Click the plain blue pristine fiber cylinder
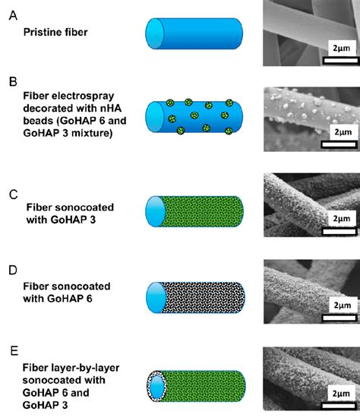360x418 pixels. point(194,33)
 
